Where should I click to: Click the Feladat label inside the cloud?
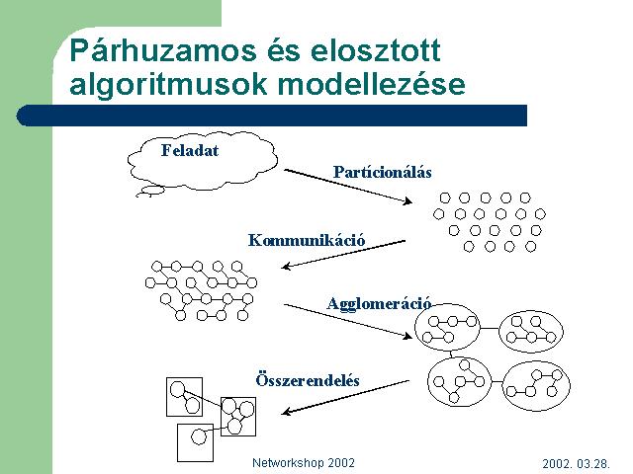[190, 150]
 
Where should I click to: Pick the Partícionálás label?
[383, 172]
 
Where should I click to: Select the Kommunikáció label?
[307, 240]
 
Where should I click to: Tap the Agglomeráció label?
[379, 303]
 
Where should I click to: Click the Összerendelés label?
[308, 380]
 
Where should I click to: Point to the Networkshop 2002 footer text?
[304, 463]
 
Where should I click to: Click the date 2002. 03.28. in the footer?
[576, 463]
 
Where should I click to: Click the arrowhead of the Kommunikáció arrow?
[286, 266]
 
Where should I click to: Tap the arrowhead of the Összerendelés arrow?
[286, 412]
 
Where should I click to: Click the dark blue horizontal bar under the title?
[272, 116]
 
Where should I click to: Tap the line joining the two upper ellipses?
[490, 329]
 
